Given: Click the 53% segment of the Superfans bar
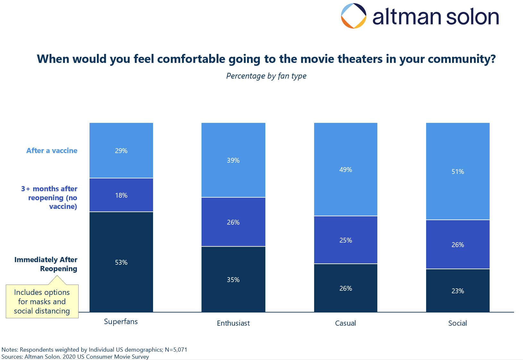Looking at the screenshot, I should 121,262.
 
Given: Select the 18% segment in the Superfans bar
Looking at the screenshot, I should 121,195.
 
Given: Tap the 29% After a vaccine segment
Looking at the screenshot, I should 121,150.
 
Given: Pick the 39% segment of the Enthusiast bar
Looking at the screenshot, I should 233,160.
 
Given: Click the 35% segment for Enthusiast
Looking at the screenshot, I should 233,279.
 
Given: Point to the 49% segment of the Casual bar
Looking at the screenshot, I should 346,169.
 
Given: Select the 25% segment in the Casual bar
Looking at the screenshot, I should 346,240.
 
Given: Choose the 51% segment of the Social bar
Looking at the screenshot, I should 458,171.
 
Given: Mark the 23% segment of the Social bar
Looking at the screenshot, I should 458,290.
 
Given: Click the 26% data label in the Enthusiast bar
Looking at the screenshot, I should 233,222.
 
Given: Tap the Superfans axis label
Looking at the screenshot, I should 121,321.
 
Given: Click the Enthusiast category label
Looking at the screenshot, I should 233,323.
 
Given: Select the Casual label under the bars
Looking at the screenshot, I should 345,323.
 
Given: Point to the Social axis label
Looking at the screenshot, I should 457,323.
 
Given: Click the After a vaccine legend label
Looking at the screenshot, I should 52,150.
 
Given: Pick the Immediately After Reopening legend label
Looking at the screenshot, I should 46,264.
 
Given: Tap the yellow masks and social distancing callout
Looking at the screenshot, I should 42,301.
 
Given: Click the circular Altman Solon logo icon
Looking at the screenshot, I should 353,16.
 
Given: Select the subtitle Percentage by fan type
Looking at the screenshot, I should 266,76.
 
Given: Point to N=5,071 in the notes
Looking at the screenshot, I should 176,349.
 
